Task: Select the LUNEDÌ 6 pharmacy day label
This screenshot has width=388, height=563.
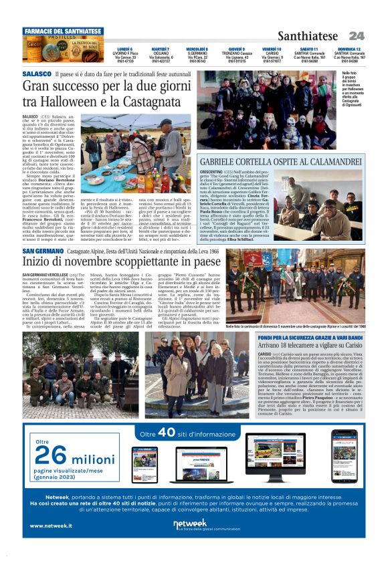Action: click(x=124, y=49)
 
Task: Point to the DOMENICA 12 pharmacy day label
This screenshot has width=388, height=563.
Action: click(x=349, y=49)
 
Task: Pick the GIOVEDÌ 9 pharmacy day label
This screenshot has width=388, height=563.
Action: click(x=235, y=49)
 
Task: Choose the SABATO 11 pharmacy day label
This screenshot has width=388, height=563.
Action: click(x=310, y=49)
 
